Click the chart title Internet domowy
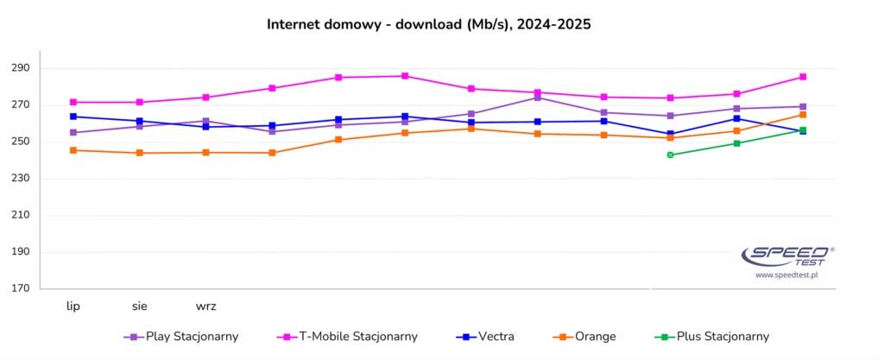pos(428,25)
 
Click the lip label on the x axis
pos(73,306)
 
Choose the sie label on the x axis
pos(140,306)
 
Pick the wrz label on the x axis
pos(205,306)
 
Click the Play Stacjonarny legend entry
pos(181,337)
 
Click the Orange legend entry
pos(587,337)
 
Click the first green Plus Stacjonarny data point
pos(670,155)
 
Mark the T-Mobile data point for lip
pos(73,102)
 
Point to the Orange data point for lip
pos(73,150)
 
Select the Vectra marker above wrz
pos(205,127)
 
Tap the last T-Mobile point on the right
pos(803,77)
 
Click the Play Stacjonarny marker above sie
pos(140,126)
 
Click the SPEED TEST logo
pos(786,255)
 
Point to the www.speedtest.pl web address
pos(786,275)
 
